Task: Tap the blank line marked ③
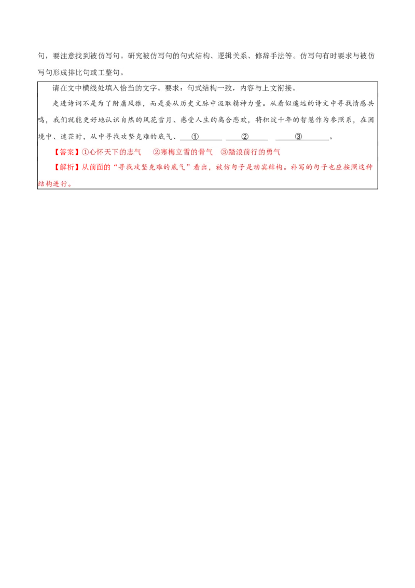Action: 298,137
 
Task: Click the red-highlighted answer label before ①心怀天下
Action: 66,152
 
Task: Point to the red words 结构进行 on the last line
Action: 52,184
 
